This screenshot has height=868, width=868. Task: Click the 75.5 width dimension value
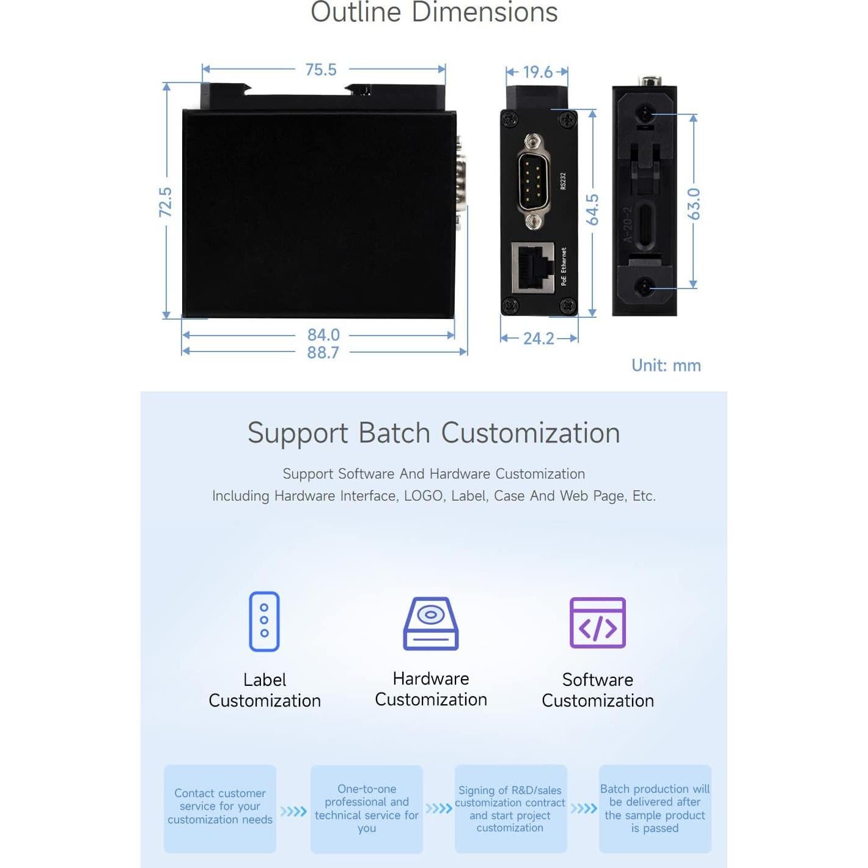tap(321, 70)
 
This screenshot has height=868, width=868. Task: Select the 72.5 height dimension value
tap(166, 202)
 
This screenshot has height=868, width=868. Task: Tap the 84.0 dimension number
tap(323, 335)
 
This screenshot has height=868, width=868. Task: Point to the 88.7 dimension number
tap(323, 353)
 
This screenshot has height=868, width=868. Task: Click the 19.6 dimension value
tap(537, 72)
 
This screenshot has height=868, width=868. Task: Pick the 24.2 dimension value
tap(539, 339)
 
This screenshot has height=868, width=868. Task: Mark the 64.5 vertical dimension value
tap(592, 210)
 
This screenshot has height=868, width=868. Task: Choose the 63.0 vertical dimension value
tap(693, 204)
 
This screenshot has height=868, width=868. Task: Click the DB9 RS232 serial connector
tap(533, 182)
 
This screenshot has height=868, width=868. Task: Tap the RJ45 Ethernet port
tap(532, 267)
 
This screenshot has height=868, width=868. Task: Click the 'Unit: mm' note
tap(666, 366)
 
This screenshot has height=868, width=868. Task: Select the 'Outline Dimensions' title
tap(434, 12)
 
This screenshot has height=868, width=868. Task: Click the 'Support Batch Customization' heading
tap(434, 433)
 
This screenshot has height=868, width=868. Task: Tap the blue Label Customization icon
tap(264, 622)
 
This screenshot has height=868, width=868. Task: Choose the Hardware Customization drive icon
tap(431, 623)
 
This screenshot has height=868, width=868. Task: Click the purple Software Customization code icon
tap(597, 623)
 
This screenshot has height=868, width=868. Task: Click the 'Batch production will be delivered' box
tap(655, 808)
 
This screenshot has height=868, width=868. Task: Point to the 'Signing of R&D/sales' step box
tap(510, 808)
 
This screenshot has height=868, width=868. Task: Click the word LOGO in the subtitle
tap(423, 496)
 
